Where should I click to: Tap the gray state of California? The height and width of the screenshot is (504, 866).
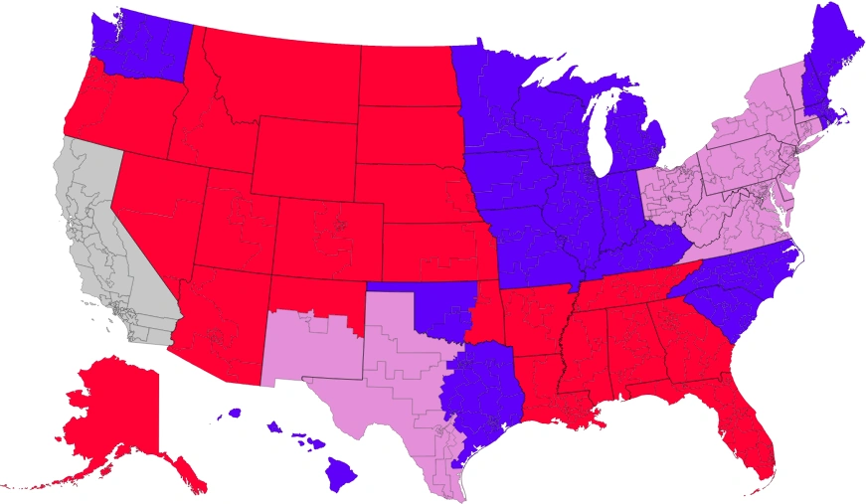94,239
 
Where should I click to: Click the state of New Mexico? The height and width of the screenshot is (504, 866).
308,343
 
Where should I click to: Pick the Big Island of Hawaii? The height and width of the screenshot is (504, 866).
341,475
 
